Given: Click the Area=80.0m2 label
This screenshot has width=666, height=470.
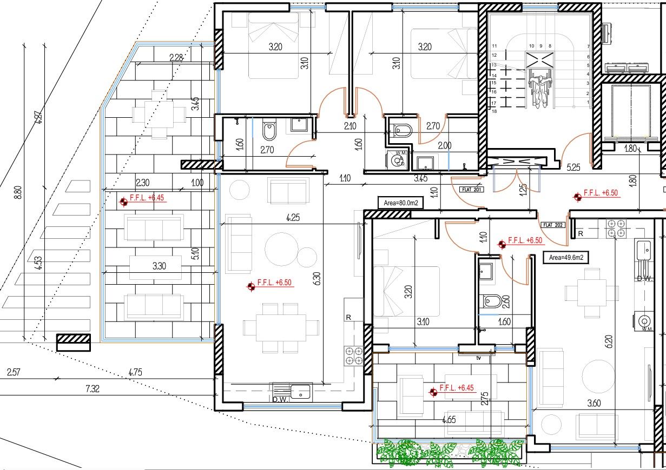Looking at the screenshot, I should [x=401, y=203].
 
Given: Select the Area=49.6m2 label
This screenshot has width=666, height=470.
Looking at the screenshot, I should [x=566, y=258].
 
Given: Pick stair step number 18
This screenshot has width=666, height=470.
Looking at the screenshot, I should [x=493, y=111].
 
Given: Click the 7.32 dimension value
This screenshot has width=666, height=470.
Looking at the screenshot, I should [x=93, y=388].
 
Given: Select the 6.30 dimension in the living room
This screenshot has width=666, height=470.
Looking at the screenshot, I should [x=317, y=279].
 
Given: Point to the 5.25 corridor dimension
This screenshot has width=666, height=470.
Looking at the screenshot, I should [x=573, y=168].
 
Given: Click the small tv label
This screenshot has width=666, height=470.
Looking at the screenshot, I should [x=478, y=358].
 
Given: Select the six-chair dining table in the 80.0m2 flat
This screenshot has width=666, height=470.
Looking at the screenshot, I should [x=281, y=328].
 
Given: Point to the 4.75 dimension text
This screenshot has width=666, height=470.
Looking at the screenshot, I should [x=136, y=372].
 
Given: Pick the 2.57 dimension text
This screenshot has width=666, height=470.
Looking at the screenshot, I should [x=14, y=372].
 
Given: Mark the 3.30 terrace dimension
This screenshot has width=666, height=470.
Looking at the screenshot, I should [x=159, y=266].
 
